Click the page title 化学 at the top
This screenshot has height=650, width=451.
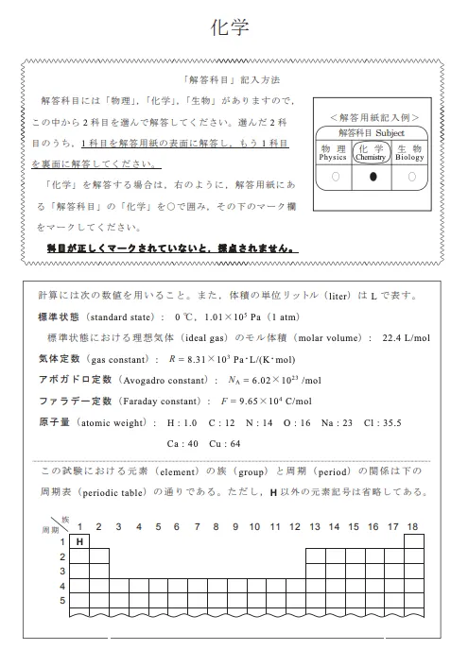(x=228, y=27)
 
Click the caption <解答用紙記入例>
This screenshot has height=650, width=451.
(x=373, y=117)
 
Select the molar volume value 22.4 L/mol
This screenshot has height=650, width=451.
(x=406, y=336)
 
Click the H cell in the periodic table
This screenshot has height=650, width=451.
(x=80, y=541)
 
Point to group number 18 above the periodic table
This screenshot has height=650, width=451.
(x=412, y=526)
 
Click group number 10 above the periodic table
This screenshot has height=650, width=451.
(x=255, y=526)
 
